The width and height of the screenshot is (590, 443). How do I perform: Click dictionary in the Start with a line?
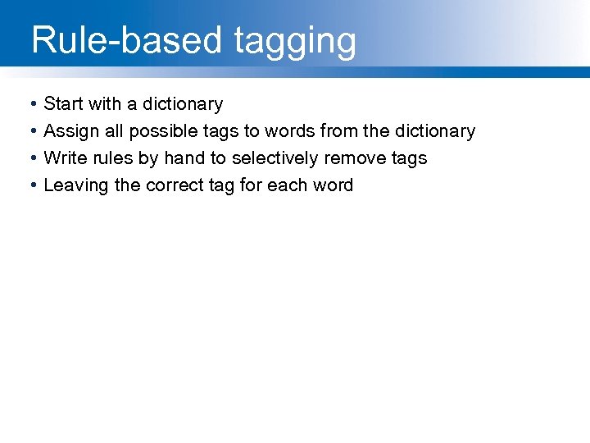[x=183, y=105]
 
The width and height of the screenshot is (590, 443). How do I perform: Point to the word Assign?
[x=70, y=132]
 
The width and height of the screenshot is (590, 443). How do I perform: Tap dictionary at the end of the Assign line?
[x=435, y=132]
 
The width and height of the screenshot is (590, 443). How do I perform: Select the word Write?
[x=63, y=158]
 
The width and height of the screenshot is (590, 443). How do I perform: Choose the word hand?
[x=184, y=158]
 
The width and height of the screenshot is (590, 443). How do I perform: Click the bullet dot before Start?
[x=30, y=105]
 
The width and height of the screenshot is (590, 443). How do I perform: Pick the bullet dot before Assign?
[x=30, y=132]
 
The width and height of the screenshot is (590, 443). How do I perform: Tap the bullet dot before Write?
[x=30, y=159]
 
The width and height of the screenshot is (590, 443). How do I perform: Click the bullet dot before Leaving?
[x=30, y=186]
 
